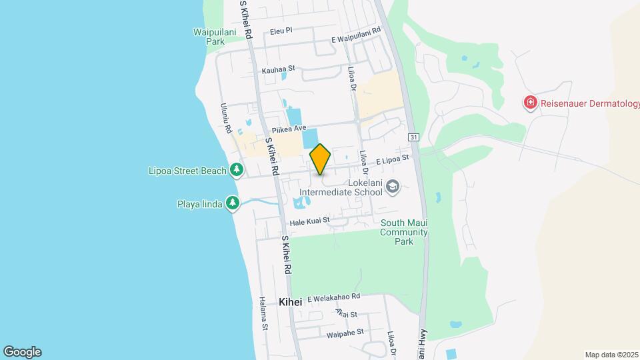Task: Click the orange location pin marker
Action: pos(321,159)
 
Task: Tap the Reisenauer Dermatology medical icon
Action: pos(530,103)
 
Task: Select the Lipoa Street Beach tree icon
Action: pos(236,171)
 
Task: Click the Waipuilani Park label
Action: pos(207,36)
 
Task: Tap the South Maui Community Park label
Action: pos(403,232)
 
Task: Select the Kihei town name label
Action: pos(291,302)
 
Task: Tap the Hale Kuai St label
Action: pos(309,221)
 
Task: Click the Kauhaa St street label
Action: pos(278,69)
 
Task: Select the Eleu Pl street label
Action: pos(281,31)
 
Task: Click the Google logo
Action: pos(22,352)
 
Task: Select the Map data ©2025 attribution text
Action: pos(611,355)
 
